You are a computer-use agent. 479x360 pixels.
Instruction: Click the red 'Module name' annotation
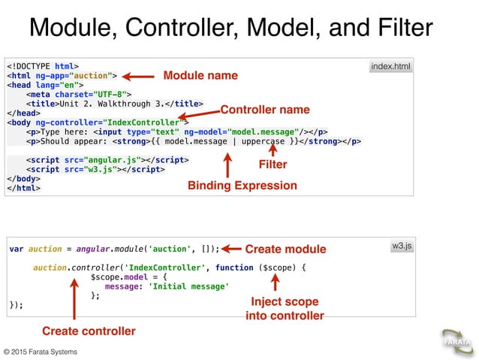click(x=200, y=75)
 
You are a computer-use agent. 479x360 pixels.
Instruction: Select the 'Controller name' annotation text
click(x=264, y=109)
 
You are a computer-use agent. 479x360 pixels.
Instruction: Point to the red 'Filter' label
click(x=273, y=164)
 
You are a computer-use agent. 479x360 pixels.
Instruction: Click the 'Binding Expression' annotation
click(x=242, y=185)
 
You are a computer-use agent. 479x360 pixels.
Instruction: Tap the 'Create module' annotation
click(x=285, y=249)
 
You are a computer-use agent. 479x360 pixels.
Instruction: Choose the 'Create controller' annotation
click(x=89, y=331)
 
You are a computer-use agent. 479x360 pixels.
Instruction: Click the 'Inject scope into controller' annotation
click(x=285, y=308)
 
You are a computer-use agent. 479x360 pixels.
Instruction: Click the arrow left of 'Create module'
click(x=231, y=249)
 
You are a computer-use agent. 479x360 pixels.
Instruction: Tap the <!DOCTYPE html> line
click(x=43, y=65)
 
